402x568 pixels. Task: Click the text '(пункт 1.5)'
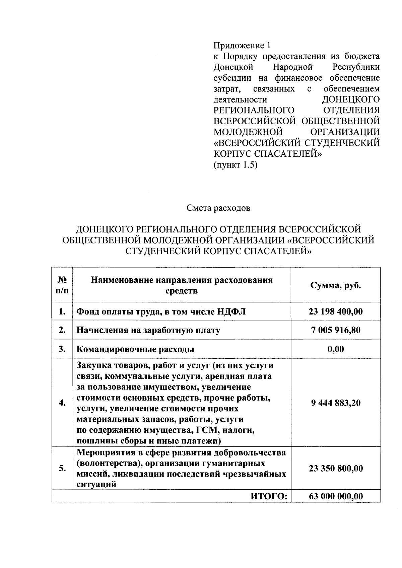pyautogui.click(x=235, y=165)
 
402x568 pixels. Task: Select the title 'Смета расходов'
pyautogui.click(x=218, y=208)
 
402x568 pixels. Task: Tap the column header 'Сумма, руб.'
pyautogui.click(x=335, y=285)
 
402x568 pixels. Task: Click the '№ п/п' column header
pyautogui.click(x=62, y=285)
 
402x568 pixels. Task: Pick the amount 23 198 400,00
pyautogui.click(x=335, y=311)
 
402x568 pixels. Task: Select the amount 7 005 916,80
pyautogui.click(x=335, y=330)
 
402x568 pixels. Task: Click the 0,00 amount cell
pyautogui.click(x=335, y=349)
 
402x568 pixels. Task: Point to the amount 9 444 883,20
pyautogui.click(x=335, y=403)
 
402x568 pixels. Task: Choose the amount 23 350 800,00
pyautogui.click(x=335, y=468)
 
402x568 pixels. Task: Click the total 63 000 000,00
pyautogui.click(x=335, y=496)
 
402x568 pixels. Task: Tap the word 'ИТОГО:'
pyautogui.click(x=269, y=496)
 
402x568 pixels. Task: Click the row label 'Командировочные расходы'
pyautogui.click(x=135, y=349)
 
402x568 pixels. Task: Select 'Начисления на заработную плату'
pyautogui.click(x=148, y=331)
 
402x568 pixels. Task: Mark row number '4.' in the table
pyautogui.click(x=62, y=403)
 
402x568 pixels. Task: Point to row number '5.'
pyautogui.click(x=62, y=468)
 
